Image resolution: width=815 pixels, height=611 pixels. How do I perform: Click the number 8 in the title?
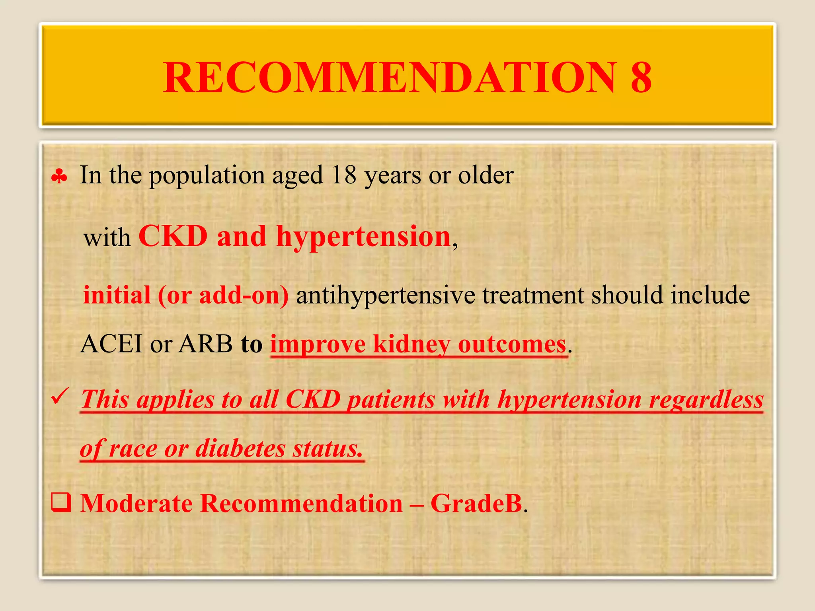pyautogui.click(x=641, y=77)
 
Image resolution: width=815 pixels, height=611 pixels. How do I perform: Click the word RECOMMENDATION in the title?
pyautogui.click(x=390, y=77)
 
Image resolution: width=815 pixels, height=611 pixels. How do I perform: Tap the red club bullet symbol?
pyautogui.click(x=59, y=177)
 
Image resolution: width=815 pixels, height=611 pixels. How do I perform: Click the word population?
pyautogui.click(x=207, y=176)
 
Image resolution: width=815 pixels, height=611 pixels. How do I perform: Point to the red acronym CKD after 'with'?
pyautogui.click(x=173, y=236)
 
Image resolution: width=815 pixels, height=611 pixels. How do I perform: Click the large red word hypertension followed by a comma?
pyautogui.click(x=363, y=237)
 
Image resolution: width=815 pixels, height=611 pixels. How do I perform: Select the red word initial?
pyautogui.click(x=117, y=295)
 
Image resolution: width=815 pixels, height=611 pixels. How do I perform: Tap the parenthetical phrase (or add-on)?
pyautogui.click(x=223, y=295)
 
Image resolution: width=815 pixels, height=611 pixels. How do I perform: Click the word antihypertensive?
pyautogui.click(x=385, y=295)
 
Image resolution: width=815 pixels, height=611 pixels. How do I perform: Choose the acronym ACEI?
pyautogui.click(x=111, y=344)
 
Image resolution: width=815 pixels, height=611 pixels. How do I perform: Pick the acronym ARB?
pyautogui.click(x=205, y=344)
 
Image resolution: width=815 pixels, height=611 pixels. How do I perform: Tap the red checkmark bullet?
pyautogui.click(x=60, y=396)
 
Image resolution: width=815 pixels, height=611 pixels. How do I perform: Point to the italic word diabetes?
pyautogui.click(x=240, y=448)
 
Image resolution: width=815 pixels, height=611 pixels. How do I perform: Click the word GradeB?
pyautogui.click(x=476, y=503)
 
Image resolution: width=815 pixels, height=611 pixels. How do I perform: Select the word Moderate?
pyautogui.click(x=136, y=503)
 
